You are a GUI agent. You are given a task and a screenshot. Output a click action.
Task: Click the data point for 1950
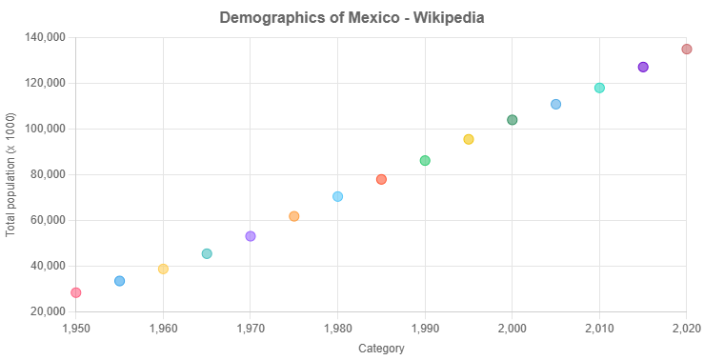point(76,292)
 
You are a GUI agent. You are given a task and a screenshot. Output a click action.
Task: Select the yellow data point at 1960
point(163,269)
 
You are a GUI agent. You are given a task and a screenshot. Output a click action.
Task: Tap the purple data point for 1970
point(251,236)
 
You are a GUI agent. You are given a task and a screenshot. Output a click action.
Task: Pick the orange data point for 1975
point(294,216)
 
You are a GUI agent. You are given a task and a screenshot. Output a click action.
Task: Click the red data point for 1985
point(381,179)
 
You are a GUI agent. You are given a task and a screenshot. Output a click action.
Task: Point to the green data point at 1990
point(425,160)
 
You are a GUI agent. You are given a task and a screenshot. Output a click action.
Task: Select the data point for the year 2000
point(513,120)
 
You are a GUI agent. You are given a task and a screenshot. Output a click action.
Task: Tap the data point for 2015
point(643,67)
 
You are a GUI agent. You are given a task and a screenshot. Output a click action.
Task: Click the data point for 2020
point(687,49)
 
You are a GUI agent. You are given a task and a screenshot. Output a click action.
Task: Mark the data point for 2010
point(599,88)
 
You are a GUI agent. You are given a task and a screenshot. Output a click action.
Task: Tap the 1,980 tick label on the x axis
point(337,329)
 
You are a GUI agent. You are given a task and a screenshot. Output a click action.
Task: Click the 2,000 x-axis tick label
point(513,329)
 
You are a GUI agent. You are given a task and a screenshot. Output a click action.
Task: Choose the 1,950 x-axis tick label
point(76,329)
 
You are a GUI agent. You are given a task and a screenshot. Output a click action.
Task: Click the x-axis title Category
point(381,349)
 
